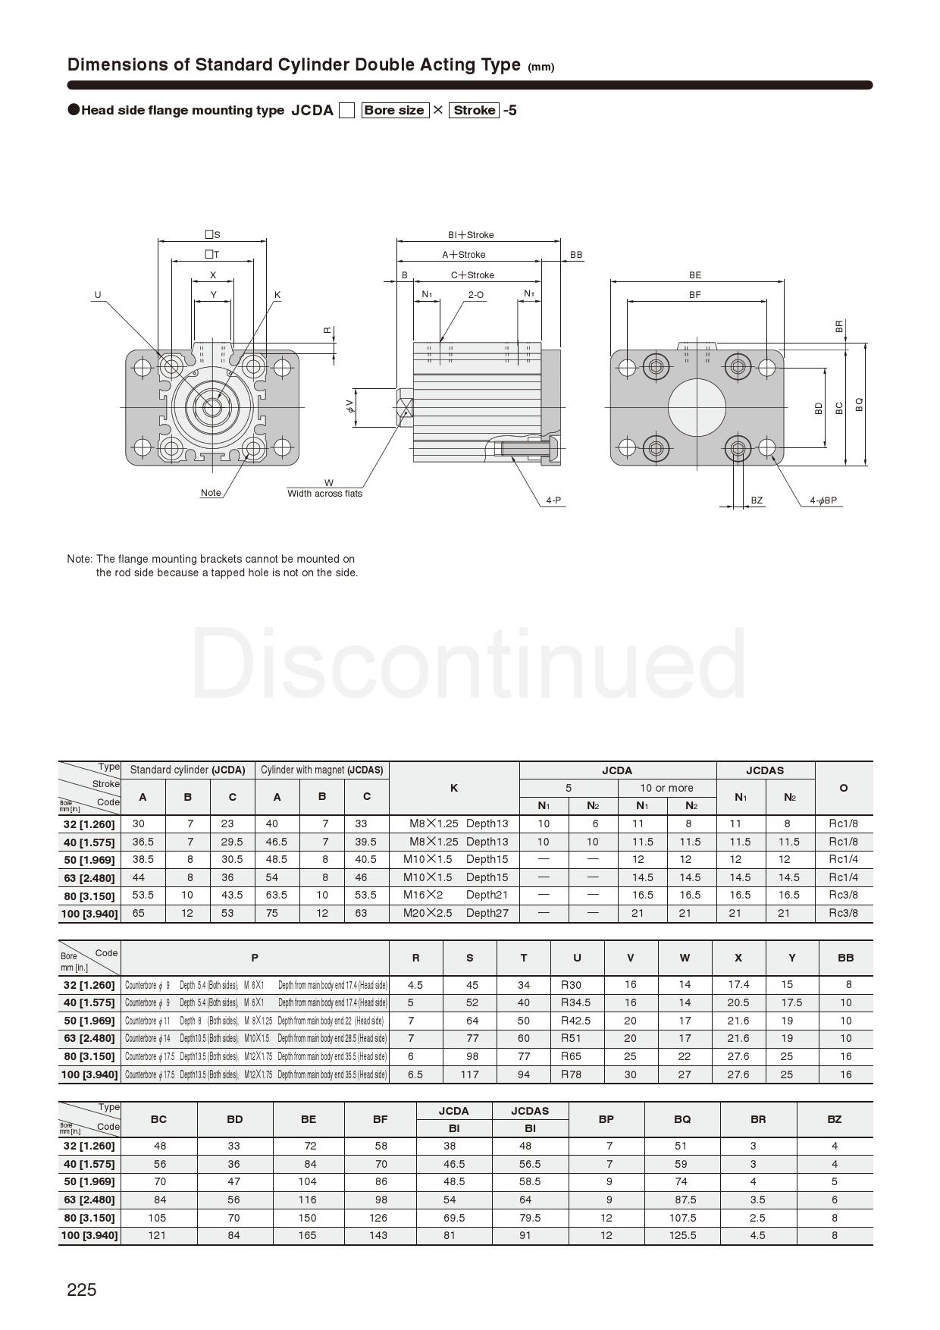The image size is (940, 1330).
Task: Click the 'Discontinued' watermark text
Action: [x=468, y=666]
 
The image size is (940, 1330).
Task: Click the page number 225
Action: [x=82, y=1290]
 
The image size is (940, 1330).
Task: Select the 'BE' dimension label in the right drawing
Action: [x=695, y=275]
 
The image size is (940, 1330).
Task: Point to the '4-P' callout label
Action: [x=553, y=500]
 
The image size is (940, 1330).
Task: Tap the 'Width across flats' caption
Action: [x=324, y=494]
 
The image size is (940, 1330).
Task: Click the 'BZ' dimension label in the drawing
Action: [x=757, y=500]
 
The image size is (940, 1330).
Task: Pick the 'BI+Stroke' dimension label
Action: [x=470, y=235]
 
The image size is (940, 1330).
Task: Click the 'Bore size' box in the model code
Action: [x=394, y=110]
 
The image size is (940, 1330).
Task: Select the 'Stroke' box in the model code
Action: [x=475, y=110]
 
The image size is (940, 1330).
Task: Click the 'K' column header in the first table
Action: [x=453, y=788]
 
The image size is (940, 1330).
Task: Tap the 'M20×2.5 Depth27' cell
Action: [x=455, y=913]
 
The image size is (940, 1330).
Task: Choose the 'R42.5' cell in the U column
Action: [x=575, y=1021]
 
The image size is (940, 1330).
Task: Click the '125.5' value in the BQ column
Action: [x=682, y=1235]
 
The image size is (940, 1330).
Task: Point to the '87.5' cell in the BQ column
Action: [x=682, y=1200]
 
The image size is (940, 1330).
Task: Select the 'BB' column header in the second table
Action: [x=845, y=958]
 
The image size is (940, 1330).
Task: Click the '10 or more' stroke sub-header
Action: [x=666, y=788]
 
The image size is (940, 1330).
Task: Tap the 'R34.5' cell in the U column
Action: [x=575, y=1002]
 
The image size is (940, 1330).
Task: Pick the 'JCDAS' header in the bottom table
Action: [x=529, y=1111]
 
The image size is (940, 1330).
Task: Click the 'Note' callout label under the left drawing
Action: [x=211, y=493]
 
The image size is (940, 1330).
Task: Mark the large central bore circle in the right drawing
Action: [x=697, y=408]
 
